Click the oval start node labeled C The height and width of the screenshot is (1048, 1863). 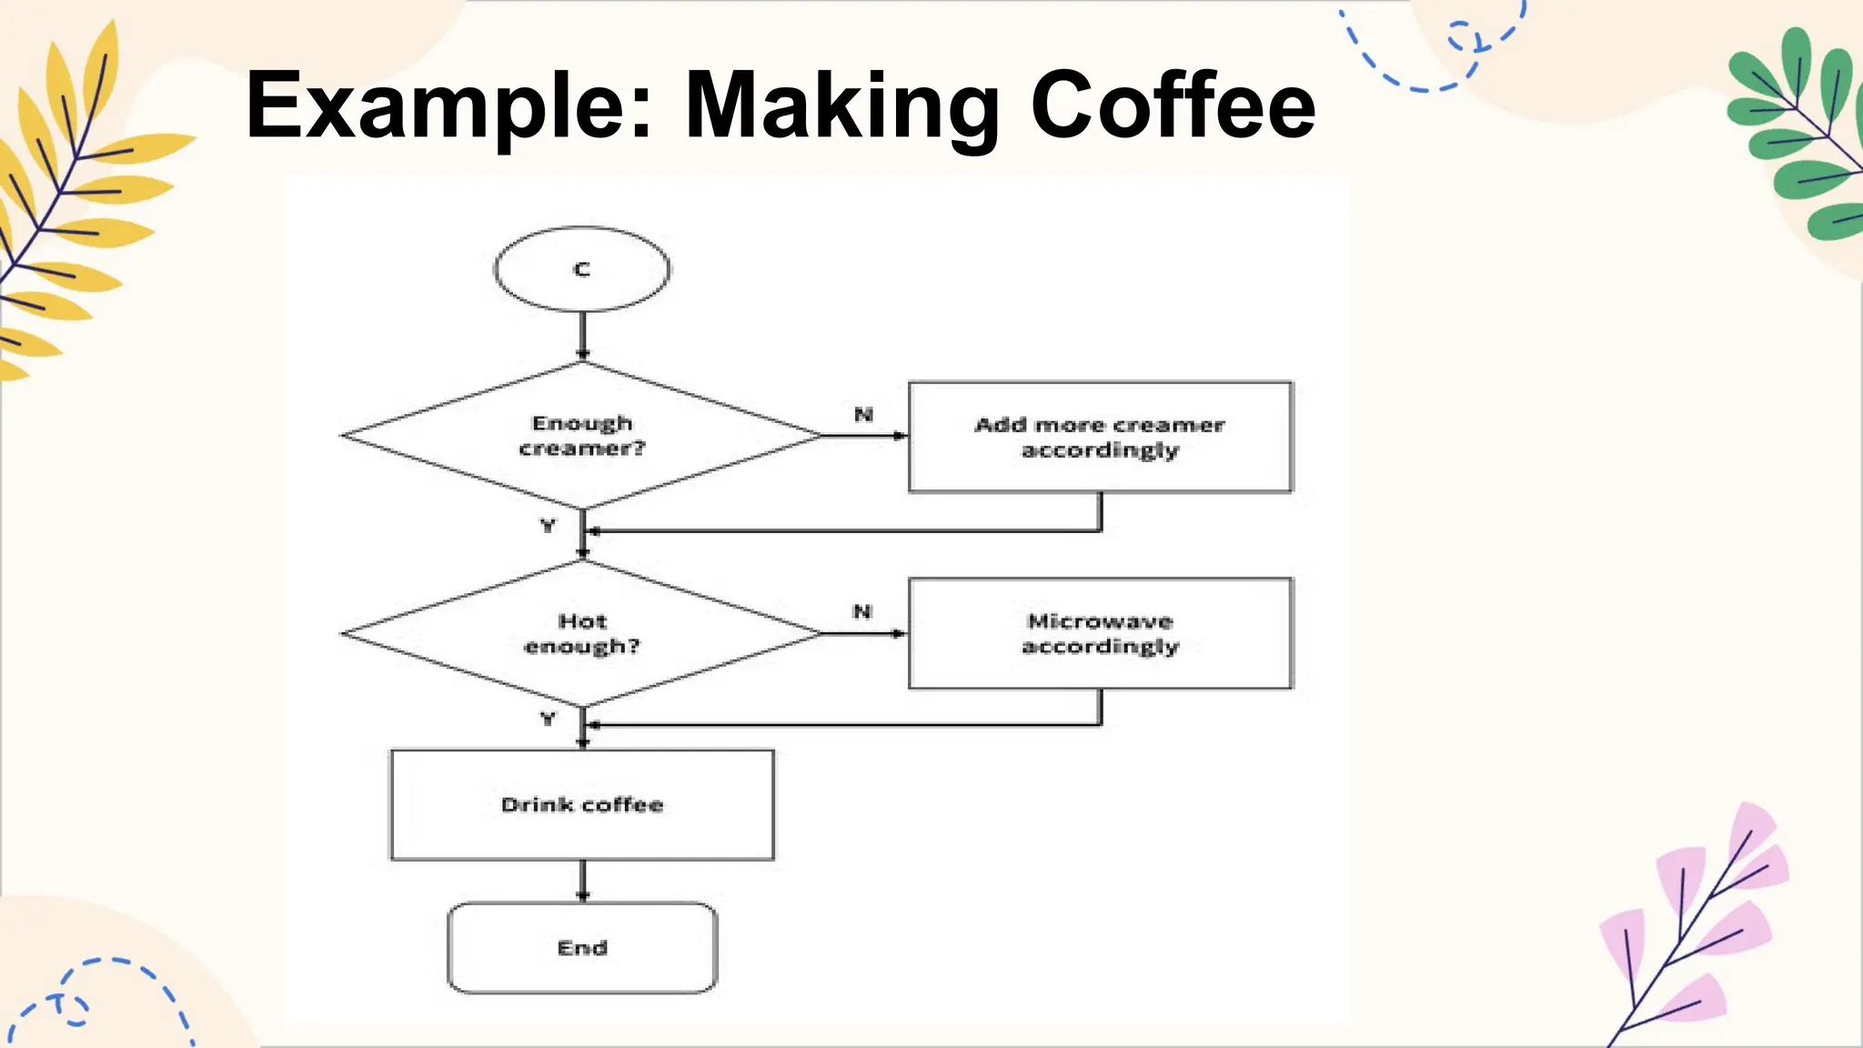click(x=582, y=269)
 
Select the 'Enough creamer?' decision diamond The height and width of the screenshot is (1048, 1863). click(x=582, y=436)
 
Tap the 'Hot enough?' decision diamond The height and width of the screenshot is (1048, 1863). click(x=582, y=633)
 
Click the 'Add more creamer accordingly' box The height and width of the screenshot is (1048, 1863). click(x=1100, y=438)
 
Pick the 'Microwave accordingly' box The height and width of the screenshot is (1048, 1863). click(x=1100, y=633)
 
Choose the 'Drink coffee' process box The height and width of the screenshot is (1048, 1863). click(x=582, y=805)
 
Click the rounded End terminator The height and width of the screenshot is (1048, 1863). click(x=582, y=948)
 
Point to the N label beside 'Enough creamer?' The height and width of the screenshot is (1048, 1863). click(x=863, y=415)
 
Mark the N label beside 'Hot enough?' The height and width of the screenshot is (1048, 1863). click(x=862, y=611)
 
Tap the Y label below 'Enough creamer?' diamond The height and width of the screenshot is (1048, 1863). click(x=548, y=526)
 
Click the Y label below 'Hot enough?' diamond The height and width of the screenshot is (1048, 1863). click(x=548, y=719)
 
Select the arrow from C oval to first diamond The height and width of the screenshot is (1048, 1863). click(x=582, y=336)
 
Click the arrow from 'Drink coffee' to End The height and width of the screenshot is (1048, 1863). click(x=582, y=881)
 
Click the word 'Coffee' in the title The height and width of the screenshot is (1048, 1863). click(x=1173, y=106)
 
